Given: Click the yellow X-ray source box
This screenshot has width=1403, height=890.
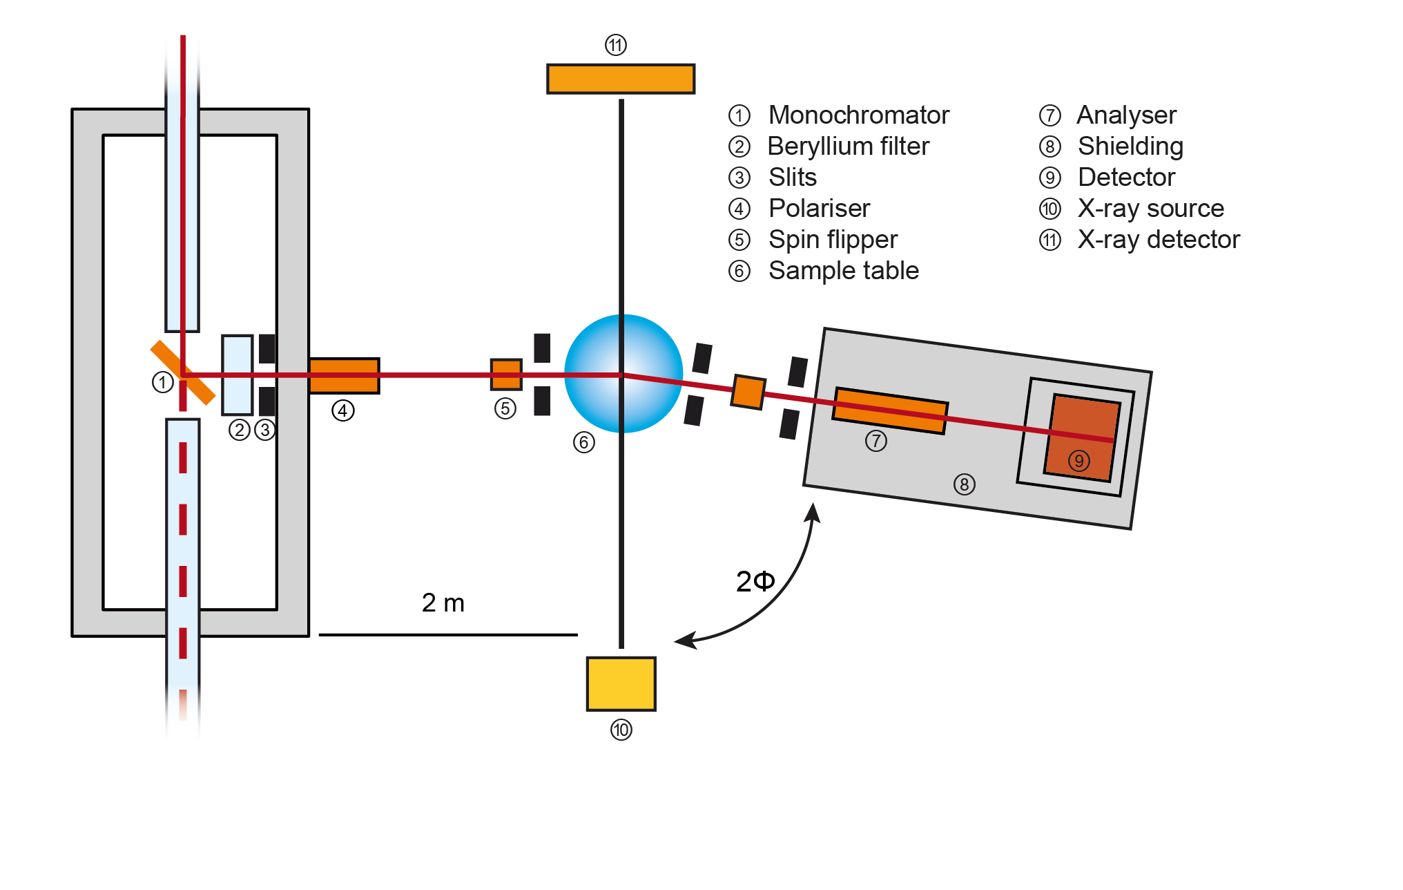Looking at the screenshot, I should pos(621,683).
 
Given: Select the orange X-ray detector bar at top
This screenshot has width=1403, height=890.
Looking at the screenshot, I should pos(620,79).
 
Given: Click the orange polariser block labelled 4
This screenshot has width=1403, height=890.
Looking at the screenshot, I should pos(344,375).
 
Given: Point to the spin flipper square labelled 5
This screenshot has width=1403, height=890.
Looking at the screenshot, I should pos(506,375).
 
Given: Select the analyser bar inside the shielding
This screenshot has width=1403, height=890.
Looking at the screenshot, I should pos(889,411).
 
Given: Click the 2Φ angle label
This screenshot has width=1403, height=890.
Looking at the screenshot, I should pos(755,581).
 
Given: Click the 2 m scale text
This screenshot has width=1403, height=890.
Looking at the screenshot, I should pos(443,603).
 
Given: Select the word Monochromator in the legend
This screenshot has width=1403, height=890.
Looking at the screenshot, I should pos(858,115).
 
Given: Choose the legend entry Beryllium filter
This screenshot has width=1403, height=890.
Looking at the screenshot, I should pos(848,146).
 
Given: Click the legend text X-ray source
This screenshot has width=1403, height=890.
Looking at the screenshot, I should pos(1150,208).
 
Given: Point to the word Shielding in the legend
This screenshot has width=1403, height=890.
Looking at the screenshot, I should pos(1130,146).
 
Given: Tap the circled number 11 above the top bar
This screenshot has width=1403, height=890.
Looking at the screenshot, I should pos(615,46).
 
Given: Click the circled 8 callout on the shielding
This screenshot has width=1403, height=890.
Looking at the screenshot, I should pos(964,484).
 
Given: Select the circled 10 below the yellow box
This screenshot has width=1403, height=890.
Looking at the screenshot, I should pos(621,730).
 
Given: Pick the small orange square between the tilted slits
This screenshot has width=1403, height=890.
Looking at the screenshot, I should pos(748,392).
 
